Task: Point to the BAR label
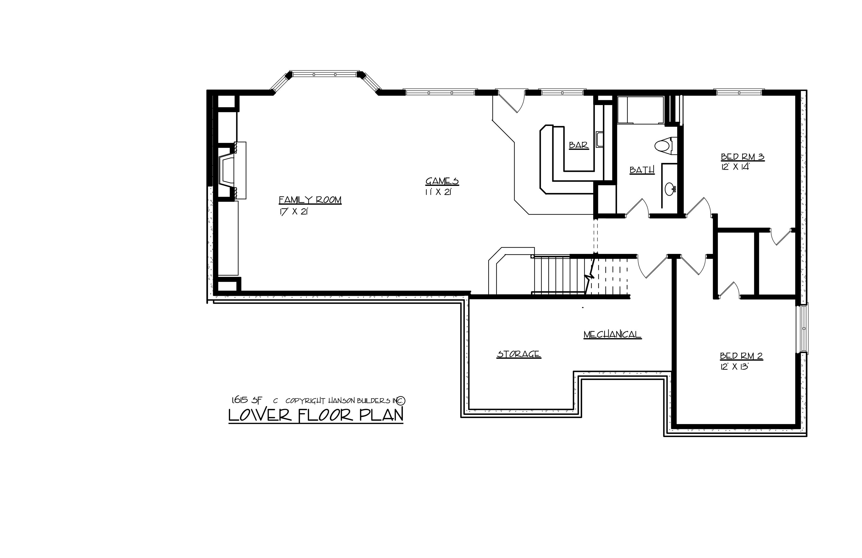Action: click(578, 145)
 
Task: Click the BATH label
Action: click(642, 170)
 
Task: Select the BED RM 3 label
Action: click(743, 157)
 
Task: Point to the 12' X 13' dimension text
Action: click(734, 366)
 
